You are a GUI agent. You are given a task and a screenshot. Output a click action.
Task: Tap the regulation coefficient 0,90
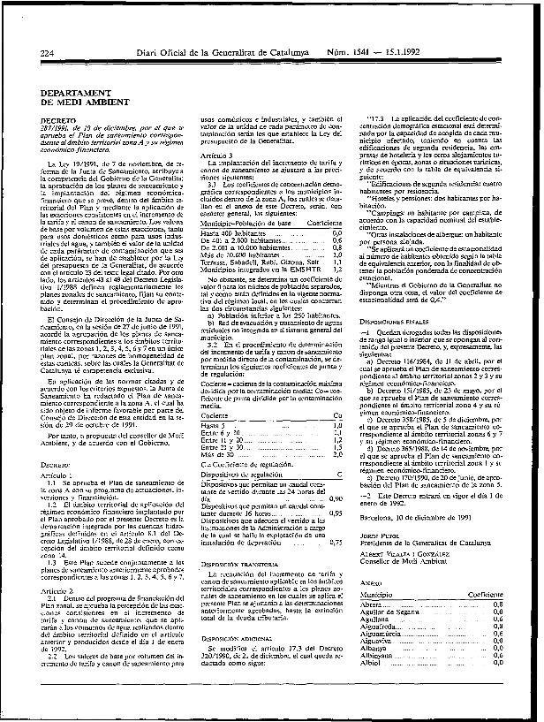(336, 500)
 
